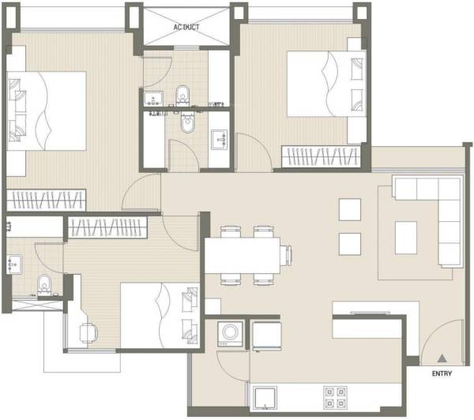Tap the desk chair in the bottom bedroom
pyautogui.click(x=87, y=332)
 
